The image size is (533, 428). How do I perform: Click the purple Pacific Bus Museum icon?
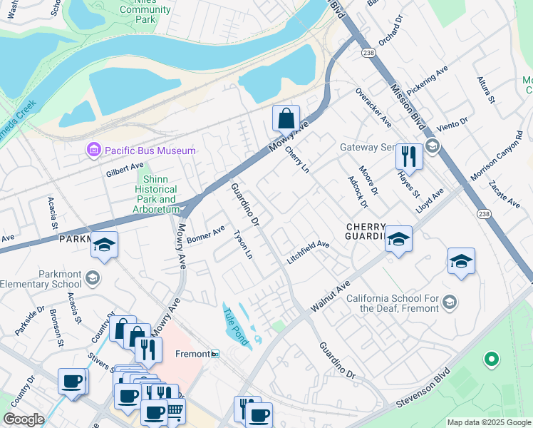93,150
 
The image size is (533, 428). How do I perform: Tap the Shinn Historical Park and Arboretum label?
155,194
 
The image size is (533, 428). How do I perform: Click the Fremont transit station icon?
214,354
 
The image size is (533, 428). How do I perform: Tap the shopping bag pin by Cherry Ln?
286,118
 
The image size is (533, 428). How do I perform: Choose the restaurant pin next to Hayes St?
409,156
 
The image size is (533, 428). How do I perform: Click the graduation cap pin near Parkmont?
105,245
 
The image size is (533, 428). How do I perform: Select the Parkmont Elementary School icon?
93,277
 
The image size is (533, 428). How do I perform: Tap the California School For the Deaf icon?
449,303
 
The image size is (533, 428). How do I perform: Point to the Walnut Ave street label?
330,297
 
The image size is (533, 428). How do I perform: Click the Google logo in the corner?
24,419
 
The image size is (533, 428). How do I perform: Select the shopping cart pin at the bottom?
175,409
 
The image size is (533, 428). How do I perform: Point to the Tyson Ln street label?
244,243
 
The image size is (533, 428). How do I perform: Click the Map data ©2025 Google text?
489,422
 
